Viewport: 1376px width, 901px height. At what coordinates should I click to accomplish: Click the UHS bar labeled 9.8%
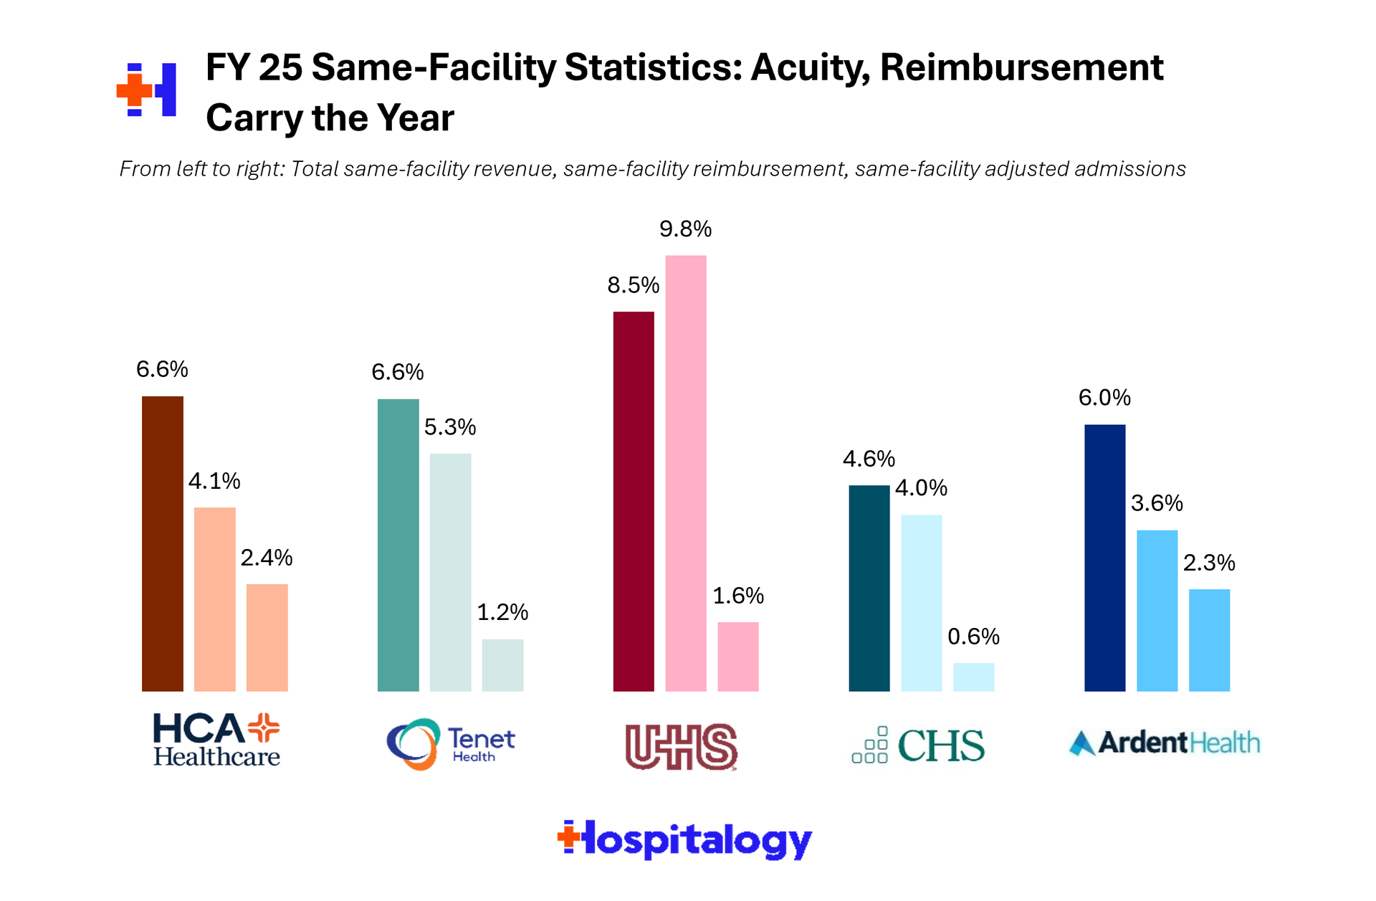click(686, 473)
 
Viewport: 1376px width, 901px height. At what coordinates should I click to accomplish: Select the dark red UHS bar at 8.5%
click(634, 501)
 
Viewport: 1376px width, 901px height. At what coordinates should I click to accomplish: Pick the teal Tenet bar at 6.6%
click(398, 545)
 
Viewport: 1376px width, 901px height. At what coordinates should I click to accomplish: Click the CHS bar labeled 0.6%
click(973, 677)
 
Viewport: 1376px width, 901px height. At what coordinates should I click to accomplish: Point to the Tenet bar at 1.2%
click(502, 664)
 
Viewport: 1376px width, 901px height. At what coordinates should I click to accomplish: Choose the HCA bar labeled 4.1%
click(215, 599)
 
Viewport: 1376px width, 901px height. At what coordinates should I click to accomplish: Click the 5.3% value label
click(450, 427)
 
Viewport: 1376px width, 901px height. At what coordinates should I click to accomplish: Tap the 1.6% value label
click(738, 596)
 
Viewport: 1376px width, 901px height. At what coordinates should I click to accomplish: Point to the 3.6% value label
click(1157, 503)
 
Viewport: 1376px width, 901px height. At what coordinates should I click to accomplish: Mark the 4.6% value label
click(869, 459)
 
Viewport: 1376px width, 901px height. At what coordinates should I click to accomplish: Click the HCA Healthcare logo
click(216, 740)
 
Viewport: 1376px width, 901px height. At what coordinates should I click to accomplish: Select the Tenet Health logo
click(450, 744)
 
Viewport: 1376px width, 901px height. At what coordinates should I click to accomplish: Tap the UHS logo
click(681, 747)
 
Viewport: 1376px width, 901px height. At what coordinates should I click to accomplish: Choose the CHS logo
click(918, 745)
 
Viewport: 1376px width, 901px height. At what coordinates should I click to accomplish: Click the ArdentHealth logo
click(1164, 743)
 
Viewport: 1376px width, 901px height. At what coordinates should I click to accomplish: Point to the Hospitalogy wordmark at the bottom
click(684, 839)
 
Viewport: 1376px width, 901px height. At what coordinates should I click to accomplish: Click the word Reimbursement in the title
click(1021, 68)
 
